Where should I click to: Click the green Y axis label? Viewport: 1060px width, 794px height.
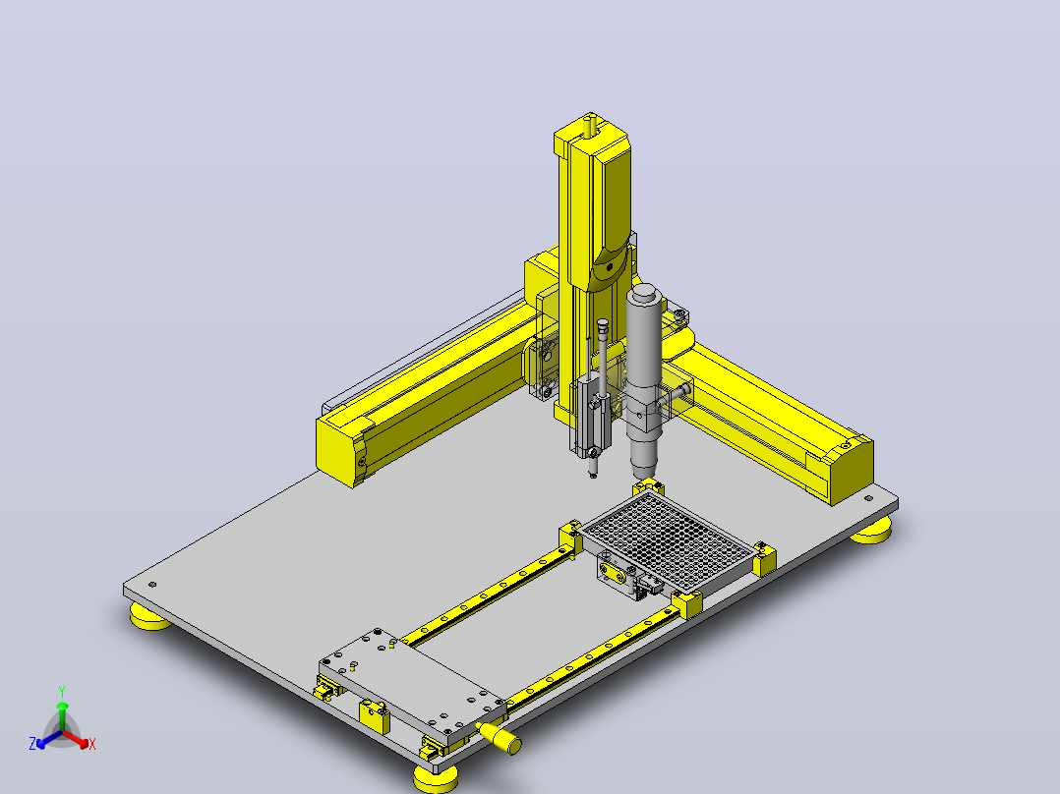coord(62,691)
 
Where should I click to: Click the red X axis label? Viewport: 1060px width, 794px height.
coord(92,744)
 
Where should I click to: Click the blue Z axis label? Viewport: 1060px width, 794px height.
coord(32,743)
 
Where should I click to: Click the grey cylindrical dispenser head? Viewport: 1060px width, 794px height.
coord(645,378)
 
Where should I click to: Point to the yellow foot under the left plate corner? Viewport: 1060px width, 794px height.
coord(150,616)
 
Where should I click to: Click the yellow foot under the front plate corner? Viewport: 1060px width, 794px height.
coord(436,778)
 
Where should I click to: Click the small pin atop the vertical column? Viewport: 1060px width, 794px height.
coord(590,126)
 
